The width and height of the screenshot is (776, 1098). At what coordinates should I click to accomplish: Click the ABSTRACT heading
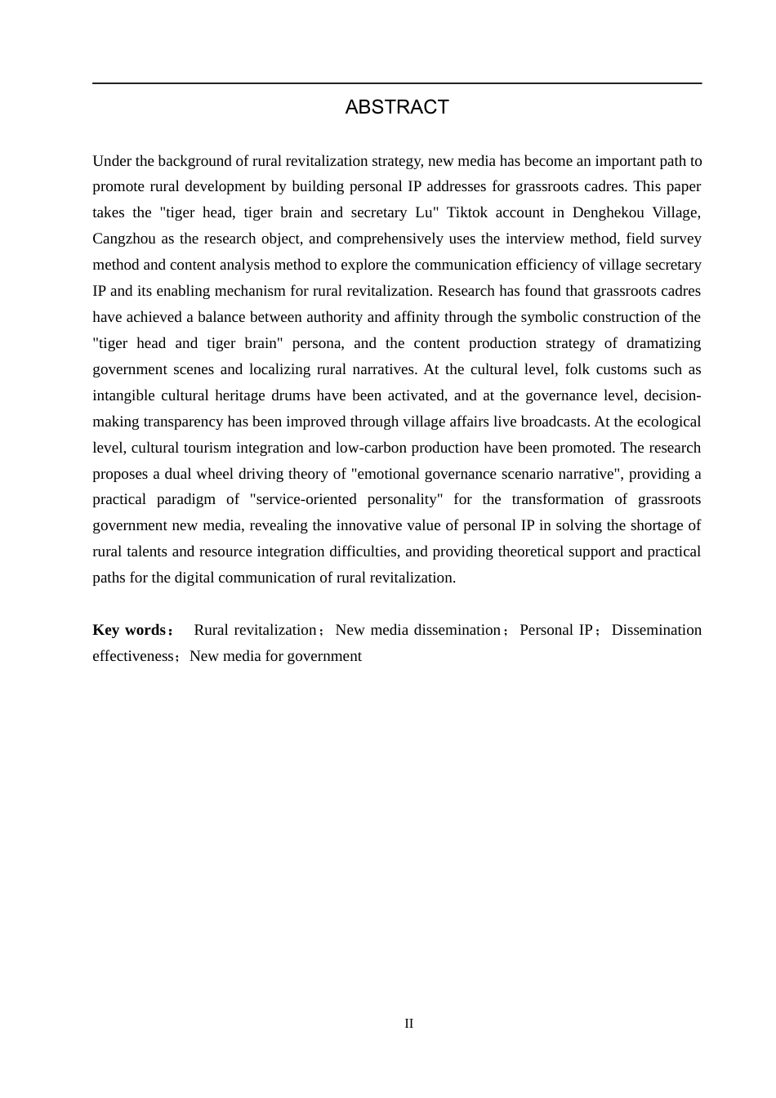pos(397,107)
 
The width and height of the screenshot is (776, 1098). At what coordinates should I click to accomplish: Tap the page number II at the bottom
pos(408,1024)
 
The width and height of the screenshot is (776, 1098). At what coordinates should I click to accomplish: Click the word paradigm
pos(186,499)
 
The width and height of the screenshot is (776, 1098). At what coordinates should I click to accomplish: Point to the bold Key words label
pos(130,630)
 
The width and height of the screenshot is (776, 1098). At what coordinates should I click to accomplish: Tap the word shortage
pos(656,525)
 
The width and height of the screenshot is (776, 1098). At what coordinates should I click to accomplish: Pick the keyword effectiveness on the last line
pos(133,656)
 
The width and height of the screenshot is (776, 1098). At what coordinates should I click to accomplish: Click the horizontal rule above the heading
pos(397,83)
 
